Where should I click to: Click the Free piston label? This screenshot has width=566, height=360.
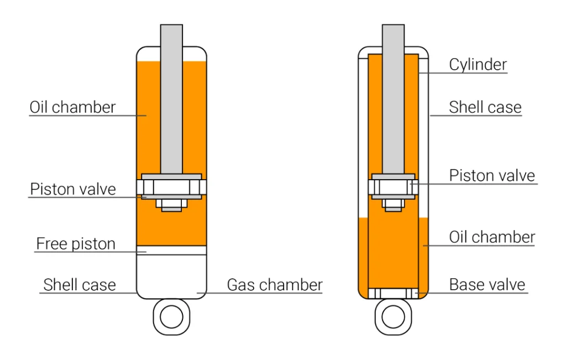click(x=76, y=243)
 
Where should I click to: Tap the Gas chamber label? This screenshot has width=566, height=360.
click(x=275, y=285)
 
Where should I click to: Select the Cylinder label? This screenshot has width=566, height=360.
click(x=478, y=65)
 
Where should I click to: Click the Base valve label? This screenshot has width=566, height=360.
click(x=487, y=285)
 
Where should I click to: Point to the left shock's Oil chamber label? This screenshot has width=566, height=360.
click(x=72, y=107)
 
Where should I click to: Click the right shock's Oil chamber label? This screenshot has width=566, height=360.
click(x=492, y=237)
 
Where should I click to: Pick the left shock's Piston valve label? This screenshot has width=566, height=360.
click(x=73, y=189)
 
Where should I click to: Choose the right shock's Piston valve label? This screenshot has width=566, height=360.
click(x=492, y=176)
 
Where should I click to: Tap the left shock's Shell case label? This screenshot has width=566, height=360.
click(x=80, y=285)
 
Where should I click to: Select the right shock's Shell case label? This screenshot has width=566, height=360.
click(x=485, y=107)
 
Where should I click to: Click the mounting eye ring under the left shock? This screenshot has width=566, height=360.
click(x=171, y=317)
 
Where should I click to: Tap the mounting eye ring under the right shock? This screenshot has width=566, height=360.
click(x=393, y=317)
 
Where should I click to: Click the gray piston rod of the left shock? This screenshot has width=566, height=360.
click(x=171, y=100)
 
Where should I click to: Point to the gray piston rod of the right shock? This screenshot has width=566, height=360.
click(x=393, y=100)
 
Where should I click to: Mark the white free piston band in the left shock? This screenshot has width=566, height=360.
click(x=171, y=251)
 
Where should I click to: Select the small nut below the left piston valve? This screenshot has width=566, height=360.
click(x=171, y=205)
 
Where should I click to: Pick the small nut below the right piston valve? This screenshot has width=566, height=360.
click(x=393, y=205)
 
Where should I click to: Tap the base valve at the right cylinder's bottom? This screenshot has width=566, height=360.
click(x=393, y=293)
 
